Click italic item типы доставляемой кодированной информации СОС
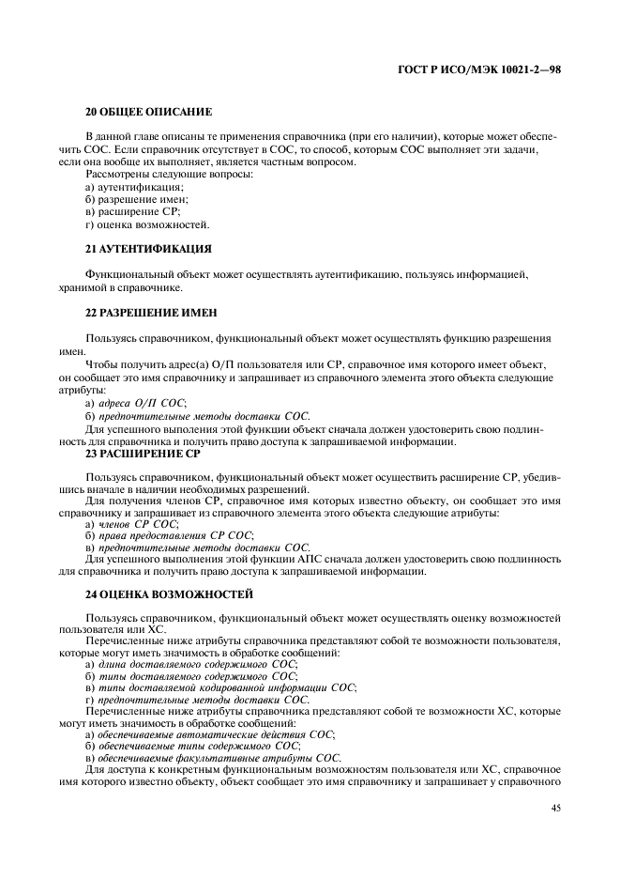coord(226,688)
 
